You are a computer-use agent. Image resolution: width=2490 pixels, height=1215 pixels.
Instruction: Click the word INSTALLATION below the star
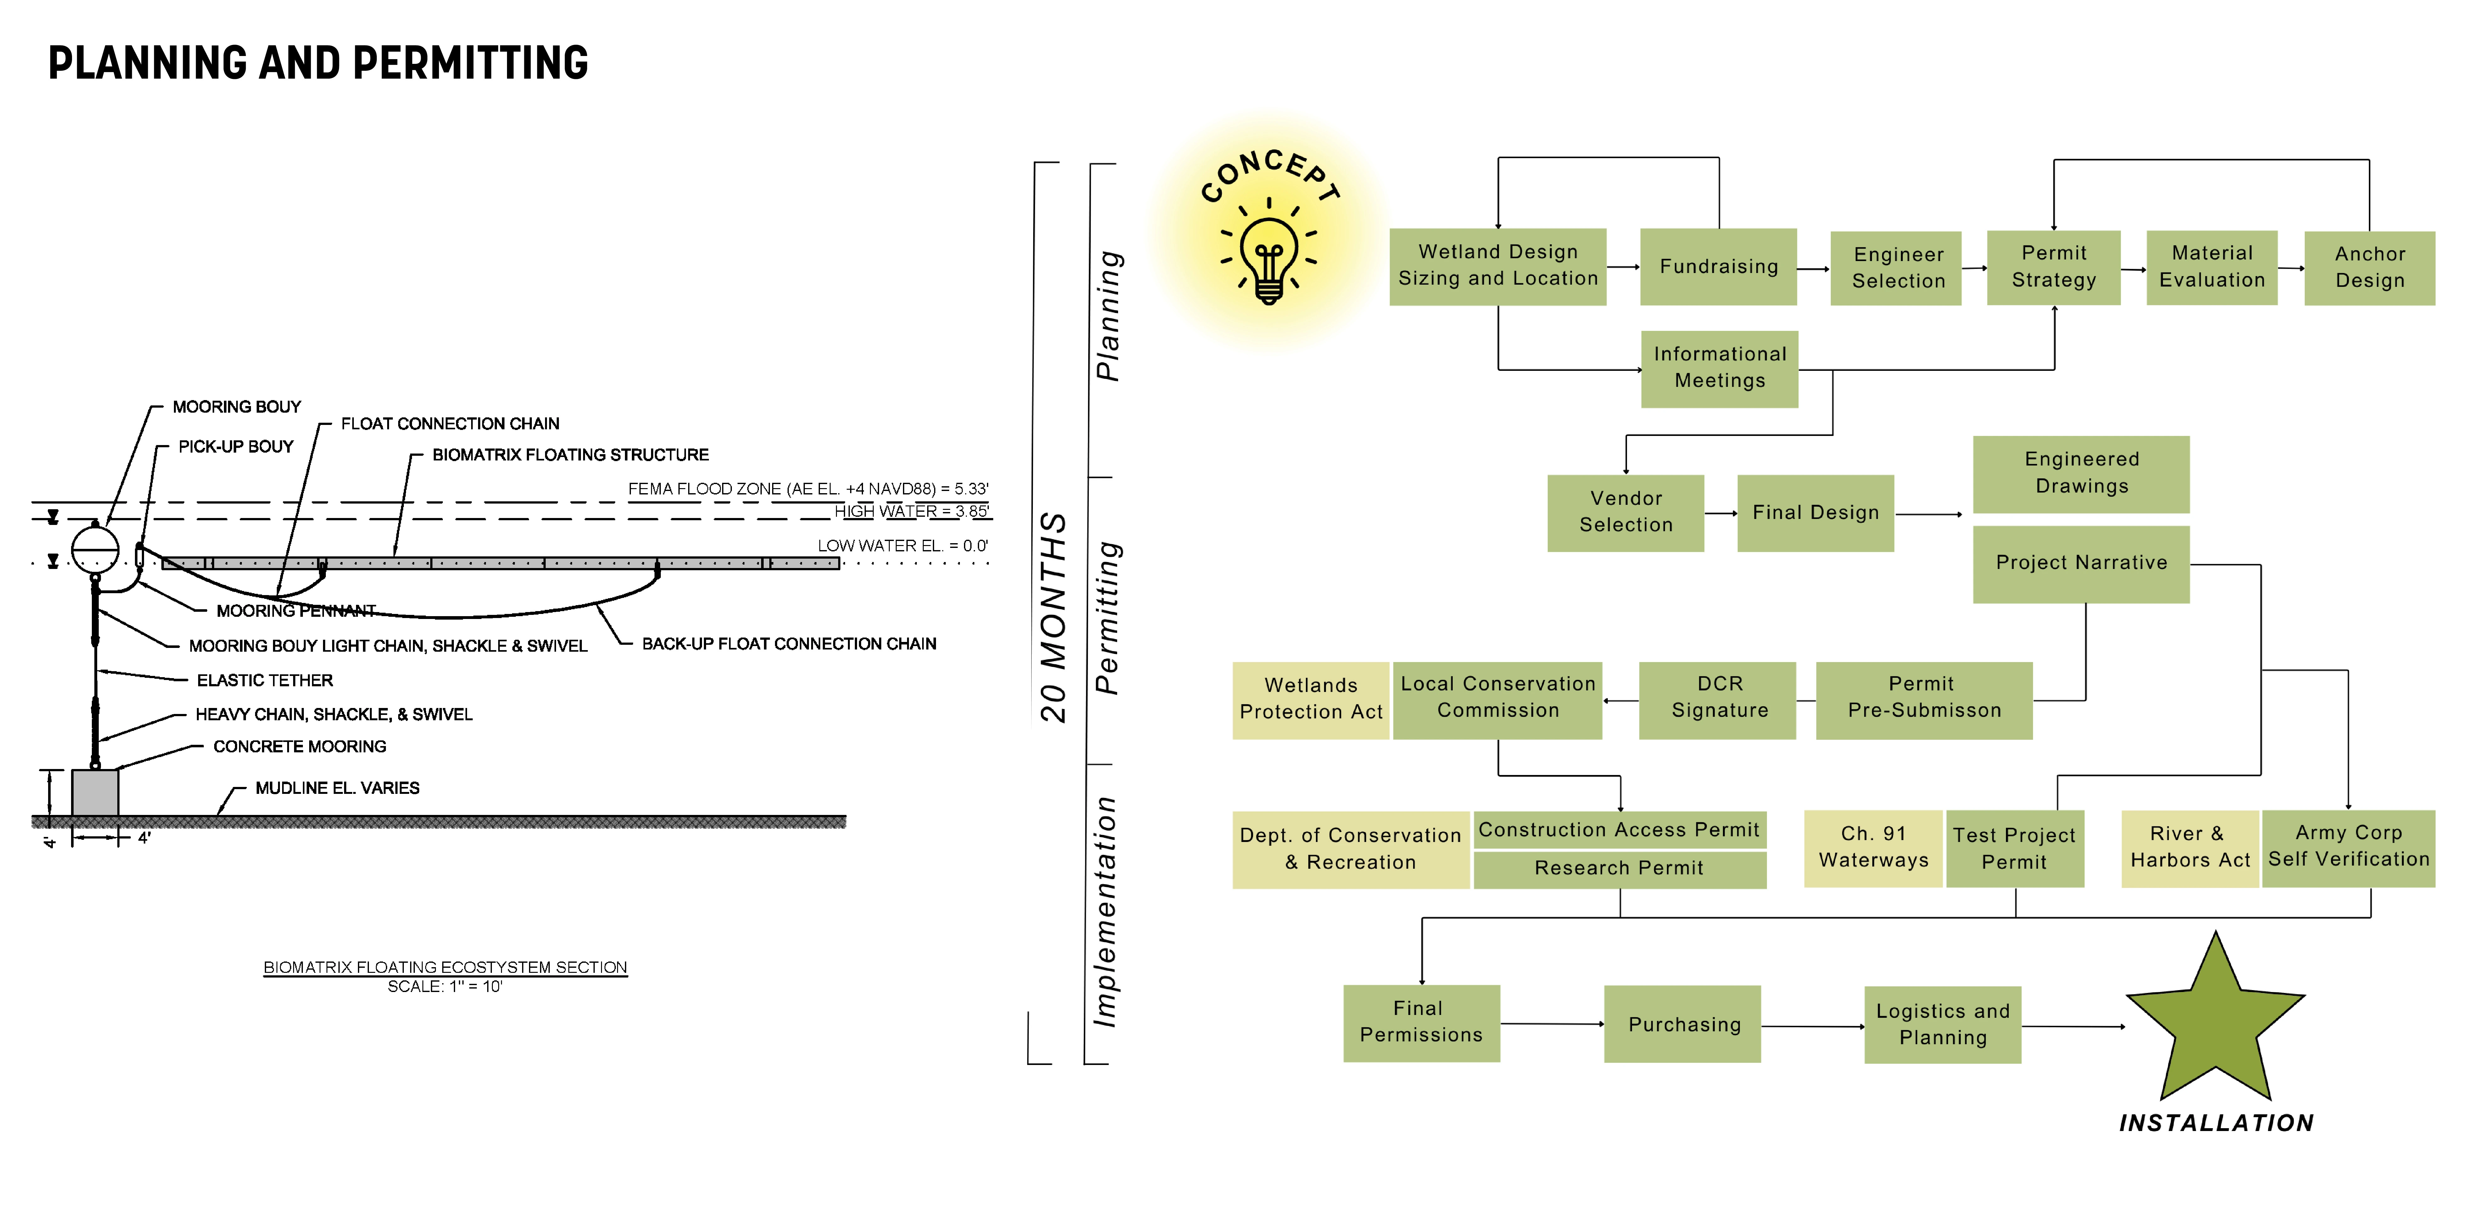click(2215, 1123)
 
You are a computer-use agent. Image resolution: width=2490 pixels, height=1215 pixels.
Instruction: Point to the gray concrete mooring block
click(95, 793)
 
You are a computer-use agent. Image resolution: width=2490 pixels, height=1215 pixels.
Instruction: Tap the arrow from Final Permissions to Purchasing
click(1551, 1024)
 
